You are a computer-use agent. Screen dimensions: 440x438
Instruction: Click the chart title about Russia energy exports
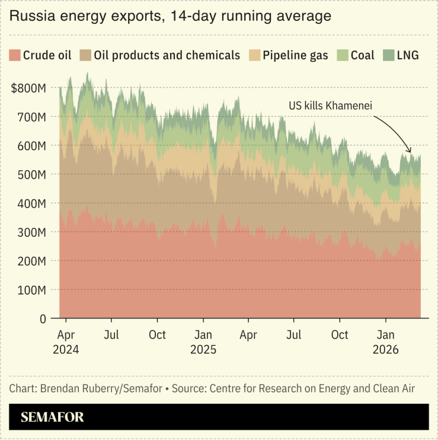pos(170,17)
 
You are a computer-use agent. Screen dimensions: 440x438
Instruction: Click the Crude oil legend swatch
pos(14,55)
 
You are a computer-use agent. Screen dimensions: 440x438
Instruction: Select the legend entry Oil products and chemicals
pos(160,55)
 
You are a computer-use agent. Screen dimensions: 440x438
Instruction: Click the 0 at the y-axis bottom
pos(43,319)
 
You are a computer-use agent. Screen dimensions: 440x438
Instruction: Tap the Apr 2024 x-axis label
pos(66,342)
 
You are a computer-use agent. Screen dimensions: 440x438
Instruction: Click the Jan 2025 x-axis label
pos(203,342)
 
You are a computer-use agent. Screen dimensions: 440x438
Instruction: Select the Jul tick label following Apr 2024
pos(111,335)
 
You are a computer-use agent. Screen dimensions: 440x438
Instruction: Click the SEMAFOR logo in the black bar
pos(52,417)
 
